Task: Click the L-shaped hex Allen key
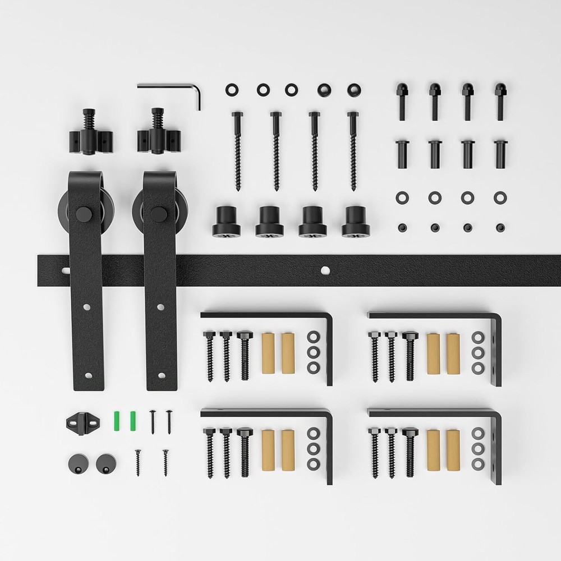click(x=168, y=87)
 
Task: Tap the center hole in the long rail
click(x=325, y=270)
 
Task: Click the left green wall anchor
click(x=117, y=419)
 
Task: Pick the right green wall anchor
click(x=134, y=419)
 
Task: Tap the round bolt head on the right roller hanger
click(x=158, y=214)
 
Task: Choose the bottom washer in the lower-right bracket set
click(x=478, y=464)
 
